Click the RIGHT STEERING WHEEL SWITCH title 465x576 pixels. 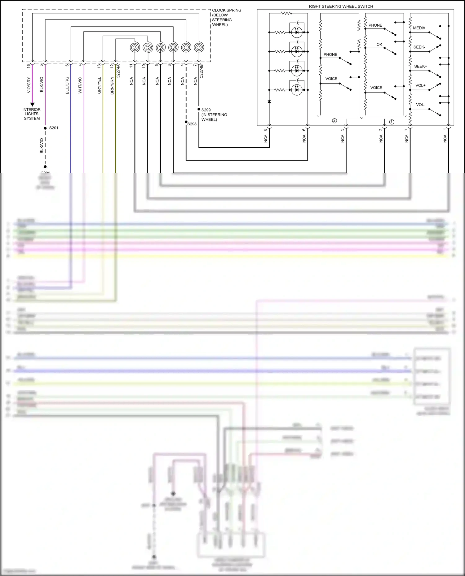(x=341, y=6)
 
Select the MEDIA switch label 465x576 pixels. (x=419, y=28)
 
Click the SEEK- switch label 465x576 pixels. (x=419, y=47)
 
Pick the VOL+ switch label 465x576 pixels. (x=420, y=85)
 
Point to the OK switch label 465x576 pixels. (x=379, y=44)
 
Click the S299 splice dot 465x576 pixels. (x=199, y=109)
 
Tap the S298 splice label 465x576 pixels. (x=192, y=124)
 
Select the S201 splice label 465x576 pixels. (x=54, y=128)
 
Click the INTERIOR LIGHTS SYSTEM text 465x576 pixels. (x=32, y=114)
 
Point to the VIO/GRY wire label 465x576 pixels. (x=29, y=85)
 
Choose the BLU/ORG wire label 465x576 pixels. (x=67, y=85)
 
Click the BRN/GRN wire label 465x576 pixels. (x=112, y=85)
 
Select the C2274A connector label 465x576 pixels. (x=118, y=71)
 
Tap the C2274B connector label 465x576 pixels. (x=201, y=71)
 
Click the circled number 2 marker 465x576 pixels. (x=334, y=121)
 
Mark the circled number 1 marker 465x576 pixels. (x=392, y=122)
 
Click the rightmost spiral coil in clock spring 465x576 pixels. (x=199, y=48)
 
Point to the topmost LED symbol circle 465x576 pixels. (x=297, y=32)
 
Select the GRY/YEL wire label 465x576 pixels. (x=99, y=85)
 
